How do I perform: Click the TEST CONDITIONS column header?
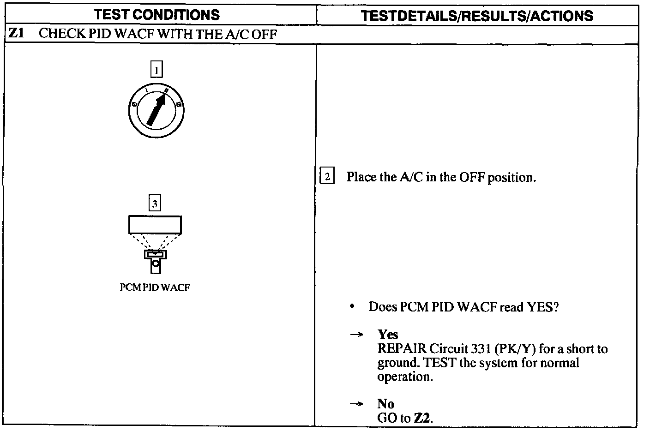pyautogui.click(x=157, y=15)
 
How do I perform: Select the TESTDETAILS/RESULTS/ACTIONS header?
pyautogui.click(x=477, y=16)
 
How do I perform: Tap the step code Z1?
pyautogui.click(x=16, y=34)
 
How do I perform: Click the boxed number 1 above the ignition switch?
pyautogui.click(x=156, y=70)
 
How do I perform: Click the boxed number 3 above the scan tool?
pyautogui.click(x=155, y=203)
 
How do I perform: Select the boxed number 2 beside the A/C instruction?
pyautogui.click(x=327, y=177)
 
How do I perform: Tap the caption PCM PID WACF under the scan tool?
pyautogui.click(x=155, y=287)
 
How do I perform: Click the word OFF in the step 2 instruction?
pyautogui.click(x=472, y=177)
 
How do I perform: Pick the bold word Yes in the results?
pyautogui.click(x=388, y=335)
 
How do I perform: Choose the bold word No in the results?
pyautogui.click(x=385, y=404)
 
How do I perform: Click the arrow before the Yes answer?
pyautogui.click(x=355, y=335)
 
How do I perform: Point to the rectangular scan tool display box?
pyautogui.click(x=155, y=225)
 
